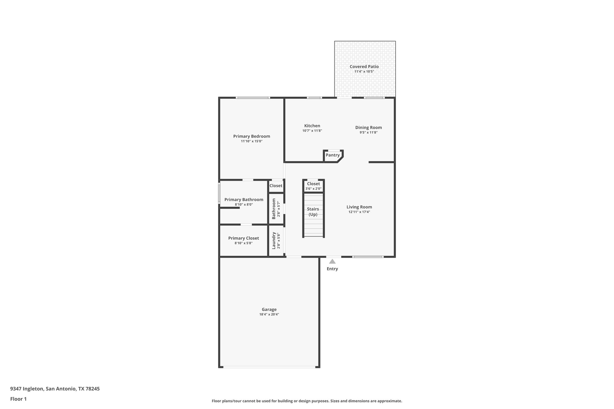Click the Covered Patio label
pos(364,67)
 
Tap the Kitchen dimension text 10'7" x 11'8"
pos(312,131)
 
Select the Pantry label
pos(332,155)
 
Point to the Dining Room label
pos(368,127)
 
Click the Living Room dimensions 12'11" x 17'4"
pos(359,212)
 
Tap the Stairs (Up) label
pos(313,212)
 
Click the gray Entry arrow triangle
pos(332,261)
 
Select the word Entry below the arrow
pos(332,269)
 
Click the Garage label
pos(269,310)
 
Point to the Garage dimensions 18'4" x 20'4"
pos(269,314)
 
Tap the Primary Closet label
pos(243,238)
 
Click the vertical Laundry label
pos(274,240)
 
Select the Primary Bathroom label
pos(244,200)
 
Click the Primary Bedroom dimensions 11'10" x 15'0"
pos(252,141)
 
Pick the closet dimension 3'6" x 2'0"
pos(313,189)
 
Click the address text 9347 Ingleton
pos(27,389)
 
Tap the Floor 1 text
pos(18,399)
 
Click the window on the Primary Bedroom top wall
pos(252,98)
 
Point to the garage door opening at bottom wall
pos(269,367)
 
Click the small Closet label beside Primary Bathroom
pos(276,186)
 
